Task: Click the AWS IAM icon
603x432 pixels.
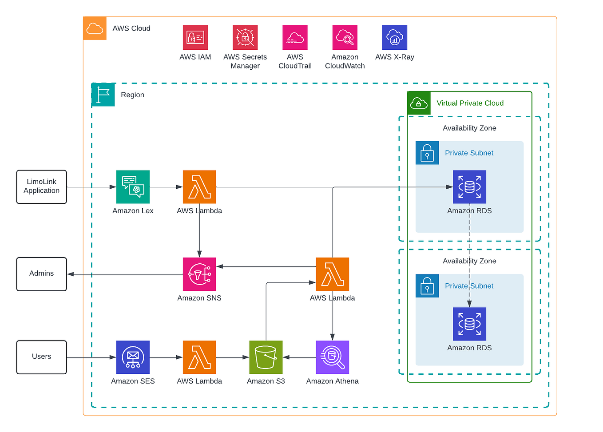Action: [195, 37]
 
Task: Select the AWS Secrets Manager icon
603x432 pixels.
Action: [245, 37]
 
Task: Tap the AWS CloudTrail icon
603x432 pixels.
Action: [295, 37]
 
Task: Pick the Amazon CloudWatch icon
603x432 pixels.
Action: [345, 37]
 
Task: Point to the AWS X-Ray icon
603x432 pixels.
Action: [394, 37]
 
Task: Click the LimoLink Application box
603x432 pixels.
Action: [42, 187]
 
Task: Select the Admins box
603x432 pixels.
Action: [42, 274]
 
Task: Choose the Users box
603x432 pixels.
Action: [42, 357]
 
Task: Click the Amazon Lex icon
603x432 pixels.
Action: [133, 187]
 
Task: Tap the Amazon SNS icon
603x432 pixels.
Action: [199, 274]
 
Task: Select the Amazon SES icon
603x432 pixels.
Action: [133, 357]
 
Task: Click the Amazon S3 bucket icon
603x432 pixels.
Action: [266, 357]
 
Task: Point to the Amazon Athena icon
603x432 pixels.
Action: [332, 357]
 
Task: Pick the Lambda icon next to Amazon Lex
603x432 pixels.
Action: [199, 187]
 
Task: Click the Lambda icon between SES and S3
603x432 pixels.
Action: [199, 357]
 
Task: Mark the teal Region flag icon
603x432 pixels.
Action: [103, 95]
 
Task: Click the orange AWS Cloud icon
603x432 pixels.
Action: [95, 28]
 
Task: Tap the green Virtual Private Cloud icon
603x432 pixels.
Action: [419, 103]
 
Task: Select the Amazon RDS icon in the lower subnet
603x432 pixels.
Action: [469, 324]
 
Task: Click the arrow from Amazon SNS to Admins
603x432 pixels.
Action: [124, 274]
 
